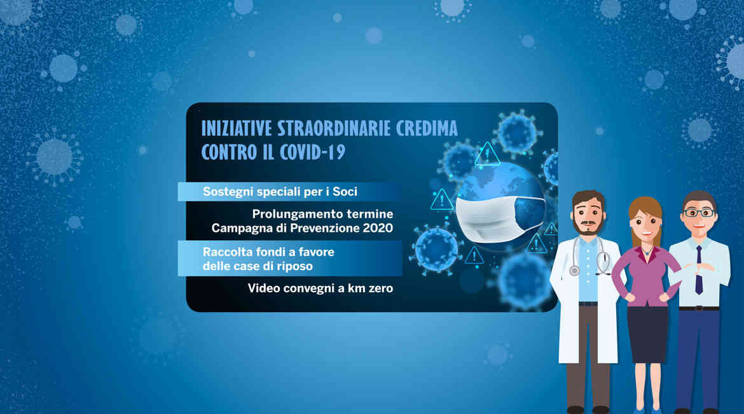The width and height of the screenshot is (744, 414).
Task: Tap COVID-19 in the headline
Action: click(312, 152)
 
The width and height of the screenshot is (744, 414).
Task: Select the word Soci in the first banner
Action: click(345, 192)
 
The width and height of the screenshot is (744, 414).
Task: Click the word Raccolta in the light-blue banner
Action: click(227, 252)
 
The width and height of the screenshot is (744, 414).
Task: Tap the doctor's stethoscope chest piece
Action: click(575, 271)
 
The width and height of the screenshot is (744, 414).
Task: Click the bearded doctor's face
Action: click(588, 217)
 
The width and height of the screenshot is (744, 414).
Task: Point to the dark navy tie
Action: click(699, 270)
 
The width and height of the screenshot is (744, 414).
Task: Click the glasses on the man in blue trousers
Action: click(699, 213)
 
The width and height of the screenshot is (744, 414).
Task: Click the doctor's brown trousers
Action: click(588, 357)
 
